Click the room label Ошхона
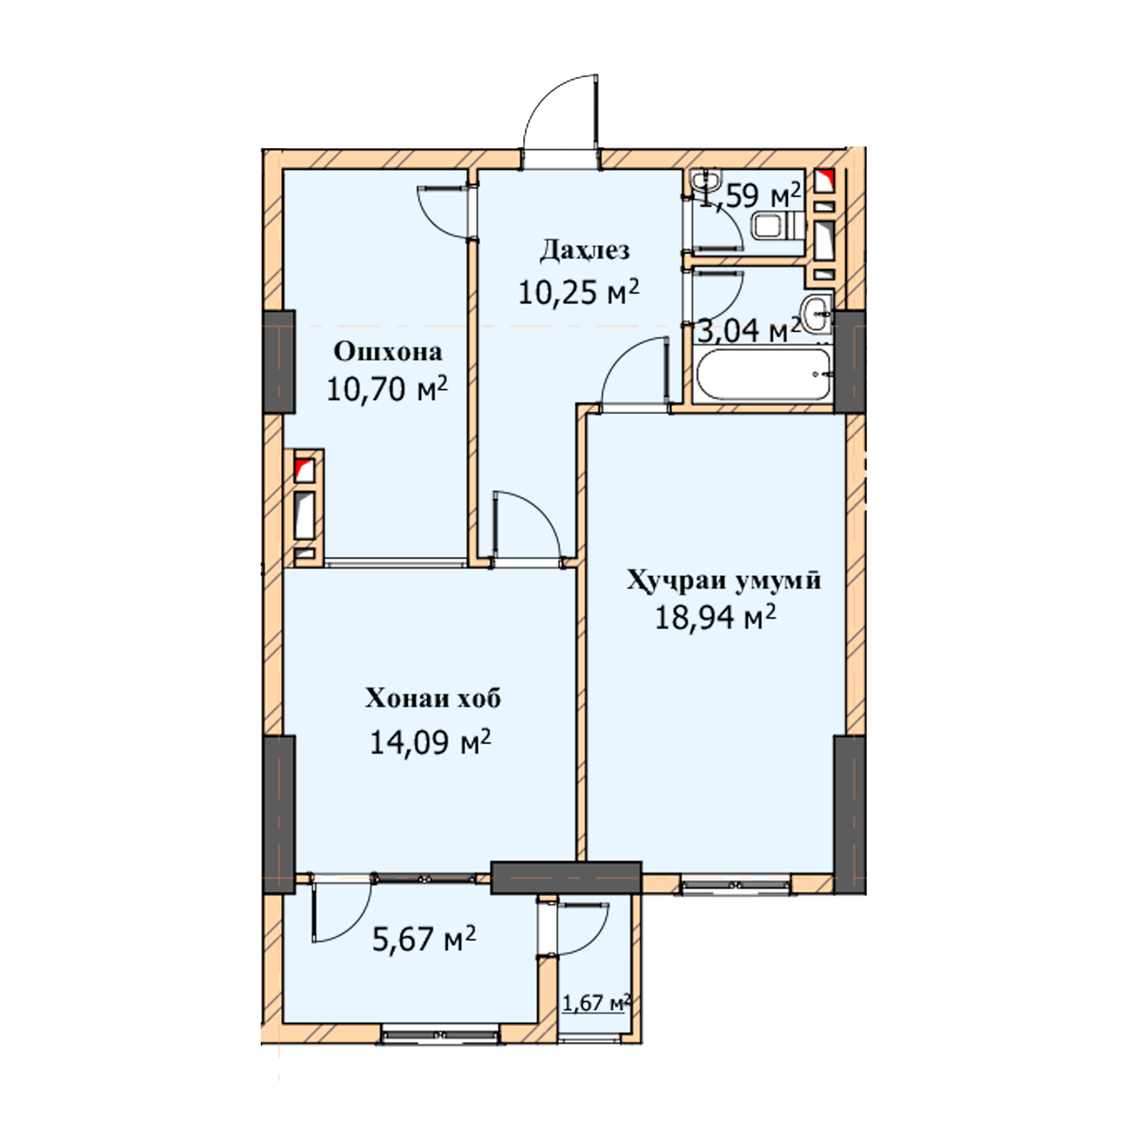(x=387, y=352)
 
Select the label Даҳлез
(x=584, y=250)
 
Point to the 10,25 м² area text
(x=579, y=291)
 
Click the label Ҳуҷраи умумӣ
(x=724, y=581)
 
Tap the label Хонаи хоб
(x=433, y=699)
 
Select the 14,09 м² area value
(x=431, y=742)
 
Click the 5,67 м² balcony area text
(x=424, y=939)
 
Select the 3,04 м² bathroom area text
(x=749, y=331)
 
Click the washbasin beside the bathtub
(x=817, y=314)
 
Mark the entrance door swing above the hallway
(x=562, y=112)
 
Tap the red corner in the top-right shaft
(x=824, y=181)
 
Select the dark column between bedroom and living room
(x=566, y=878)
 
